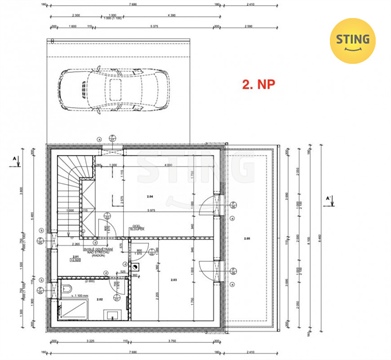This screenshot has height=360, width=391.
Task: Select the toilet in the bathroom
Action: point(65,290)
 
